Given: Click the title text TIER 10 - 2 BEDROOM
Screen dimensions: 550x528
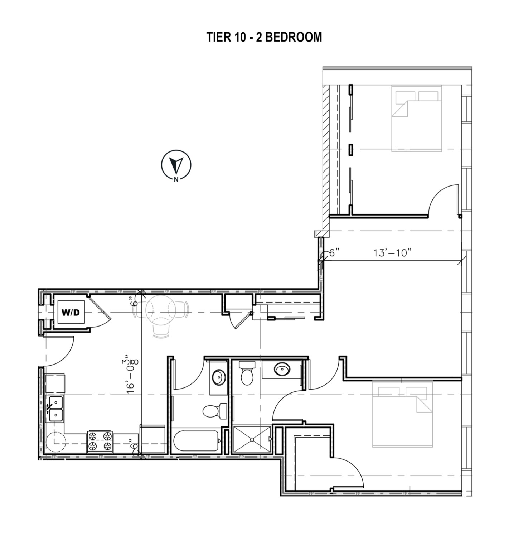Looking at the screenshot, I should (264, 37).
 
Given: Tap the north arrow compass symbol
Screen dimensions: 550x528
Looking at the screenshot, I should (176, 165).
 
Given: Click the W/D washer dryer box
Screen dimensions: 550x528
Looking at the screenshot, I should (71, 312).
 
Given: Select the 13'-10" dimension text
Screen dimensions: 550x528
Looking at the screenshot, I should (392, 253).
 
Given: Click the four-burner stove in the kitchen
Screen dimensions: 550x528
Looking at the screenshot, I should (100, 441).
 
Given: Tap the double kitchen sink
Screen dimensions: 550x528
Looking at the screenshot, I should (55, 409).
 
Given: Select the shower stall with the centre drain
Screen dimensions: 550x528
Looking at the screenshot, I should (252, 439).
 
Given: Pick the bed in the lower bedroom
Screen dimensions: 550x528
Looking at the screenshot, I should (402, 414).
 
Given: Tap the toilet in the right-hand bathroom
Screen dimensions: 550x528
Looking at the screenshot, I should (247, 373).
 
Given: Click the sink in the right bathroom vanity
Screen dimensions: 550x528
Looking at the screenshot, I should (282, 369).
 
